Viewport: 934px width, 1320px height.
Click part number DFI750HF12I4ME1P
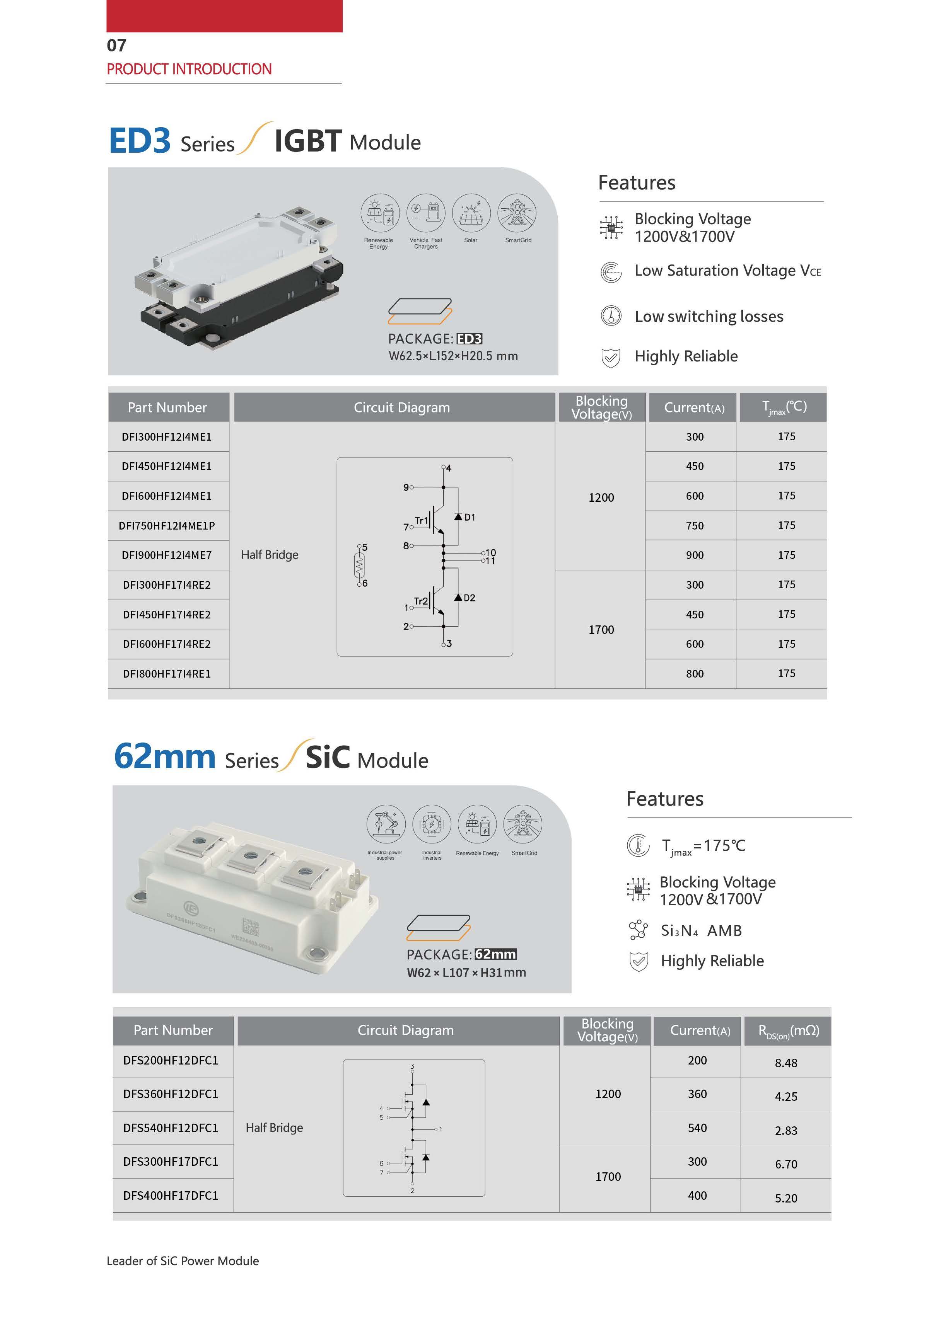(x=167, y=525)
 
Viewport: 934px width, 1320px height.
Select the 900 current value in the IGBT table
(x=694, y=555)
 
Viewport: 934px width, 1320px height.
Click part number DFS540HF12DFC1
(x=171, y=1128)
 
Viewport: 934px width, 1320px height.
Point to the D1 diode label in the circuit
(x=469, y=517)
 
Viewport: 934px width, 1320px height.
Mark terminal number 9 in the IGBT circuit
(x=406, y=487)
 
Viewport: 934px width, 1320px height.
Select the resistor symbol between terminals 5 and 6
(x=360, y=565)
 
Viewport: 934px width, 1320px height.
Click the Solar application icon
(x=471, y=213)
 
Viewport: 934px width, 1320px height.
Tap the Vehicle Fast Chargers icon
(x=425, y=213)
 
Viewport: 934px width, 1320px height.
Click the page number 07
(x=117, y=46)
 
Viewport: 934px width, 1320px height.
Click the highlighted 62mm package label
(x=496, y=954)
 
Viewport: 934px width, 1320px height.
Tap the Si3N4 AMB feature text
(x=701, y=930)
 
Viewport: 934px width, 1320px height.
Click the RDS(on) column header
(x=788, y=1030)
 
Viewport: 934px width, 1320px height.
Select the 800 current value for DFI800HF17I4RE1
(x=694, y=673)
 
